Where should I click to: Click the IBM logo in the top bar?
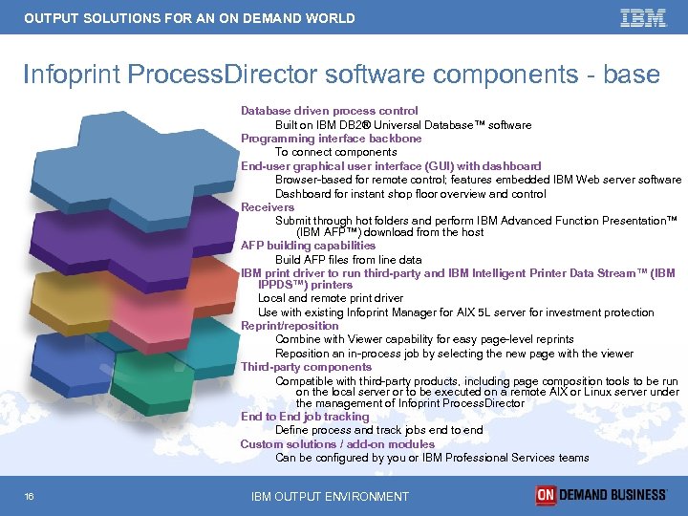[643, 18]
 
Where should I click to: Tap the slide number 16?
[31, 496]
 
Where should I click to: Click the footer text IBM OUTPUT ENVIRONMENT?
[330, 496]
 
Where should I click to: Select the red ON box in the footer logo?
[546, 495]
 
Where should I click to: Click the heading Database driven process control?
[329, 111]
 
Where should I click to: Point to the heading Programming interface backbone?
[331, 139]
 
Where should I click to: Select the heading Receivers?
[268, 207]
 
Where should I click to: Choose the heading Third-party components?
[306, 367]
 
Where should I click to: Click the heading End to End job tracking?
[304, 417]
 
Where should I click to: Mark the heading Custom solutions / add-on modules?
[337, 444]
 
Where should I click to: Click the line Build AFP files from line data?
[348, 260]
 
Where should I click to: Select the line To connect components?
[335, 152]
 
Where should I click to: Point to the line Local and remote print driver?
[331, 299]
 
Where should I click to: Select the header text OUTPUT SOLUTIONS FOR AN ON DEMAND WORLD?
[189, 18]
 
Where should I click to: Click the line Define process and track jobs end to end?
[378, 430]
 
